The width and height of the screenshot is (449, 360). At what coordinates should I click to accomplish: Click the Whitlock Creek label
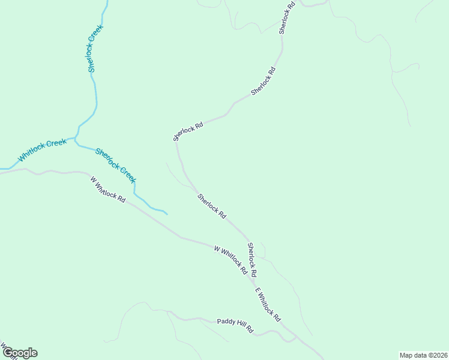tap(42, 151)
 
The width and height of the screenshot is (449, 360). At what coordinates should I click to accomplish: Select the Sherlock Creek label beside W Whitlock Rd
tap(116, 166)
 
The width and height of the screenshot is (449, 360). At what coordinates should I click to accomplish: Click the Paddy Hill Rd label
tap(235, 326)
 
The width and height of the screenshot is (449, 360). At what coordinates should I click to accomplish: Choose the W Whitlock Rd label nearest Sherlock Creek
tap(108, 189)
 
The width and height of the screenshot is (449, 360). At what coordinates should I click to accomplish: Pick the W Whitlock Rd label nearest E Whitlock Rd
tap(231, 260)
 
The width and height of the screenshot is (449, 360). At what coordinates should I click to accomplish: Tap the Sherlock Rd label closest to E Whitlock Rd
tap(253, 259)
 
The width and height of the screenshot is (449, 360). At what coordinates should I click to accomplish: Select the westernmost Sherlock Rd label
tap(188, 131)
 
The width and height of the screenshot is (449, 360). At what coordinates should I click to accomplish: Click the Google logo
tap(20, 353)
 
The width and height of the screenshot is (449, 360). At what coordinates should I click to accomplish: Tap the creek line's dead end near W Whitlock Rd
tap(167, 214)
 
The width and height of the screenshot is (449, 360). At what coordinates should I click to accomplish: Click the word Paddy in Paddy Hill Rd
tap(226, 323)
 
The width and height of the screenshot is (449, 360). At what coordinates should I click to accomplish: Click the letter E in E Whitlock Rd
tap(256, 292)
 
